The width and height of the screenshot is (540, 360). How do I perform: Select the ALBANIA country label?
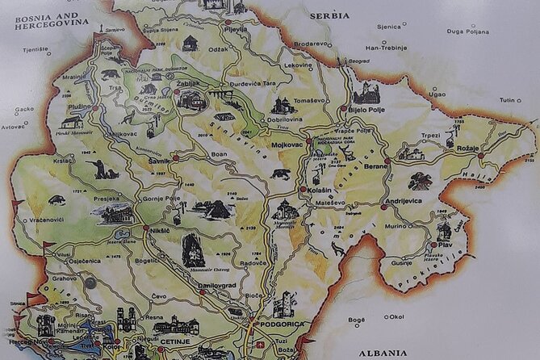pos(384,353)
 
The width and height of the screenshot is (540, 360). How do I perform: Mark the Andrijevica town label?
pos(404,200)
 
